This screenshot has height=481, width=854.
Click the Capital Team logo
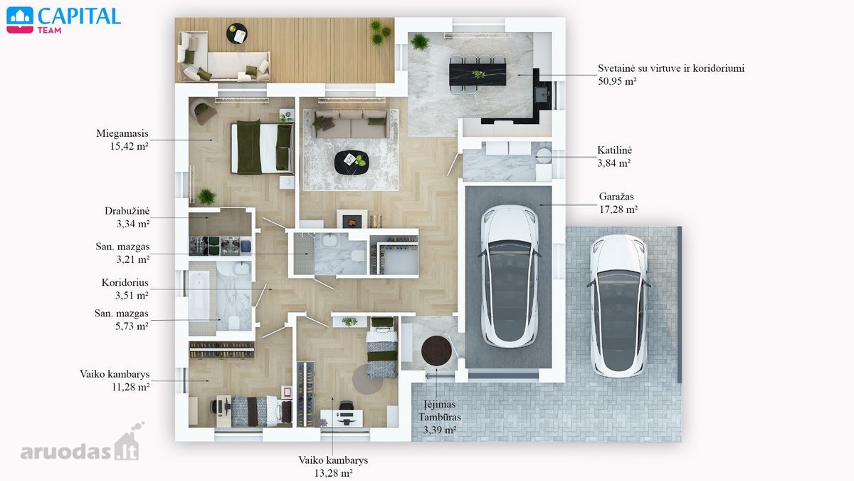pyautogui.click(x=63, y=20)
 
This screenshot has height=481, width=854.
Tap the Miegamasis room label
pyautogui.click(x=122, y=134)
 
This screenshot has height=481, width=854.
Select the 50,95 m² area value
pyautogui.click(x=617, y=81)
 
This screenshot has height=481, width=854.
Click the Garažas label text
pyautogui.click(x=616, y=197)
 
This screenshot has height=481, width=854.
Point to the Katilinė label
pyautogui.click(x=615, y=150)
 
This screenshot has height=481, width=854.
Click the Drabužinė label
pyautogui.click(x=127, y=211)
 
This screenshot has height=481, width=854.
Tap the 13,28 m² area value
pyautogui.click(x=333, y=473)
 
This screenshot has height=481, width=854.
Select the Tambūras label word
pyautogui.click(x=440, y=418)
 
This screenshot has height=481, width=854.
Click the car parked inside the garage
pyautogui.click(x=510, y=276)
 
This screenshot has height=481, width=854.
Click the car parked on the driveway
pyautogui.click(x=618, y=306)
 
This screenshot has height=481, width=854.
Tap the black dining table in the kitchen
pyautogui.click(x=478, y=74)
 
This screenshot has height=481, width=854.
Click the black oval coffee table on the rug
pyautogui.click(x=352, y=162)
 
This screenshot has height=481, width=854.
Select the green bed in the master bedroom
pyautogui.click(x=263, y=147)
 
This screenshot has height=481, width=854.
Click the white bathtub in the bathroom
pyautogui.click(x=199, y=295)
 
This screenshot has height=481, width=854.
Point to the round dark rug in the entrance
pyautogui.click(x=437, y=351)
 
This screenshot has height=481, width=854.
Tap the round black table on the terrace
pyautogui.click(x=237, y=33)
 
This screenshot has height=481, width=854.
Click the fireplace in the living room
pyautogui.click(x=352, y=219)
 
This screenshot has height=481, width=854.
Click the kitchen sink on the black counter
pyautogui.click(x=542, y=93)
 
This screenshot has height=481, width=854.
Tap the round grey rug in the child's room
pyautogui.click(x=367, y=379)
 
